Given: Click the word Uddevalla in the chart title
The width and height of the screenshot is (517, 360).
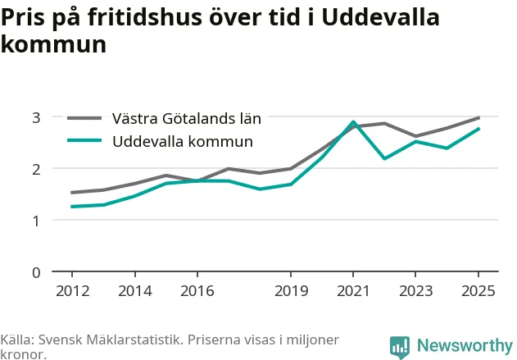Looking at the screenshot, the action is point(380,17).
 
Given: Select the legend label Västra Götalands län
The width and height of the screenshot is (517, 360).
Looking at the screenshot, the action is point(187,118).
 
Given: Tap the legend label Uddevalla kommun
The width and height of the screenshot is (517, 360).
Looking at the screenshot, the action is point(183,142).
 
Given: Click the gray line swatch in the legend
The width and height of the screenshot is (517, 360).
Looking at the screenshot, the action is point(84,118).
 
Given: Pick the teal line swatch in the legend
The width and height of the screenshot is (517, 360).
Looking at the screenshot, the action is point(84,140).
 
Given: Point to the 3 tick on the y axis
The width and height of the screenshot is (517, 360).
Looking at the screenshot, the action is point(36,117).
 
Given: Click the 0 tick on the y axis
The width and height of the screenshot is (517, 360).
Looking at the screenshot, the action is point(36,272).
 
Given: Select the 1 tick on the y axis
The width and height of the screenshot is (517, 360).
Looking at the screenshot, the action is point(36,221).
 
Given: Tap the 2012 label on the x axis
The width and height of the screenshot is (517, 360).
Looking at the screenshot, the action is point(73,291).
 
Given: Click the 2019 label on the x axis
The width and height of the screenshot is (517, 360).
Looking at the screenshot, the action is point(291,291).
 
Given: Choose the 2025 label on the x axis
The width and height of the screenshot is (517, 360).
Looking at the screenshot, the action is point(478,291).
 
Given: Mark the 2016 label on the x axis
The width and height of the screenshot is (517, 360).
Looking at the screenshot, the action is point(197,291).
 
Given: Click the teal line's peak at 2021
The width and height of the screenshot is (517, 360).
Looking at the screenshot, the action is point(353,122).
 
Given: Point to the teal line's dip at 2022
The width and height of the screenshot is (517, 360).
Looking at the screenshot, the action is point(384,158).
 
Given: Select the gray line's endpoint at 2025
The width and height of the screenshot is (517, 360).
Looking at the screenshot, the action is point(478,118).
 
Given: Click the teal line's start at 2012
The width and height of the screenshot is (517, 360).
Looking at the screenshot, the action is point(72,207).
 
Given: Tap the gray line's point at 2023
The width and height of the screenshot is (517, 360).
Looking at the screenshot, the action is point(415,136).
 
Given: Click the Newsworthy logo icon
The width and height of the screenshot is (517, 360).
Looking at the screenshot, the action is point(400,347).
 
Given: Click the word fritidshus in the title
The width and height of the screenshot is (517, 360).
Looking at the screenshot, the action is point(145,17).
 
